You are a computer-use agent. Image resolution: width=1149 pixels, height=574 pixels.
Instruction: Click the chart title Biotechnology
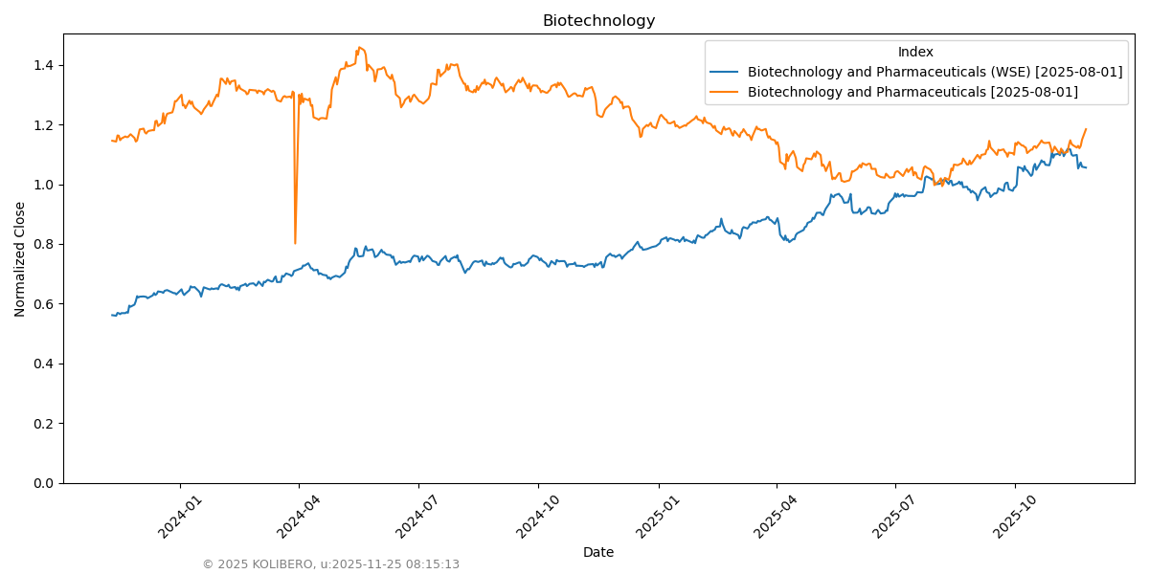[x=598, y=21]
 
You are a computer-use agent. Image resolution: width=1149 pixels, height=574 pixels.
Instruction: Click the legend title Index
[x=915, y=53]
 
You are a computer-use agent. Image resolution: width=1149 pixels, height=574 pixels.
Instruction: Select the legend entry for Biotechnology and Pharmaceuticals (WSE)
[x=935, y=72]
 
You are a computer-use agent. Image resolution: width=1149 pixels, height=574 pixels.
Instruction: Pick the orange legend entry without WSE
[x=912, y=92]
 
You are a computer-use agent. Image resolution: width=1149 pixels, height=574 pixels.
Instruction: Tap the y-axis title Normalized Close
[x=20, y=259]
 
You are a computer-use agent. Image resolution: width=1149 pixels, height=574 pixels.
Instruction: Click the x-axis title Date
[x=598, y=552]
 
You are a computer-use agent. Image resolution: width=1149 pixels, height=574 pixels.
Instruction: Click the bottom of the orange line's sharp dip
[x=295, y=243]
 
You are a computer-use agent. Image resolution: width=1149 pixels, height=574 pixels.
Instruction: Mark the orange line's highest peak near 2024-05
[x=359, y=48]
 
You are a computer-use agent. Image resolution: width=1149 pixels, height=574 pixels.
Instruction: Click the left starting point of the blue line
[x=112, y=315]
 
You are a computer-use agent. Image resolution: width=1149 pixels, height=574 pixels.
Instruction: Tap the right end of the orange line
[x=1086, y=129]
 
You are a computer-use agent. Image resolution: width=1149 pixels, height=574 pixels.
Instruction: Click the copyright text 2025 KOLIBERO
[x=330, y=564]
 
